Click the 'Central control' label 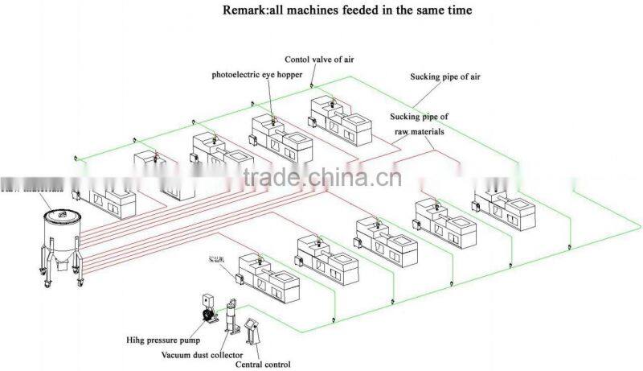click(x=263, y=365)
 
